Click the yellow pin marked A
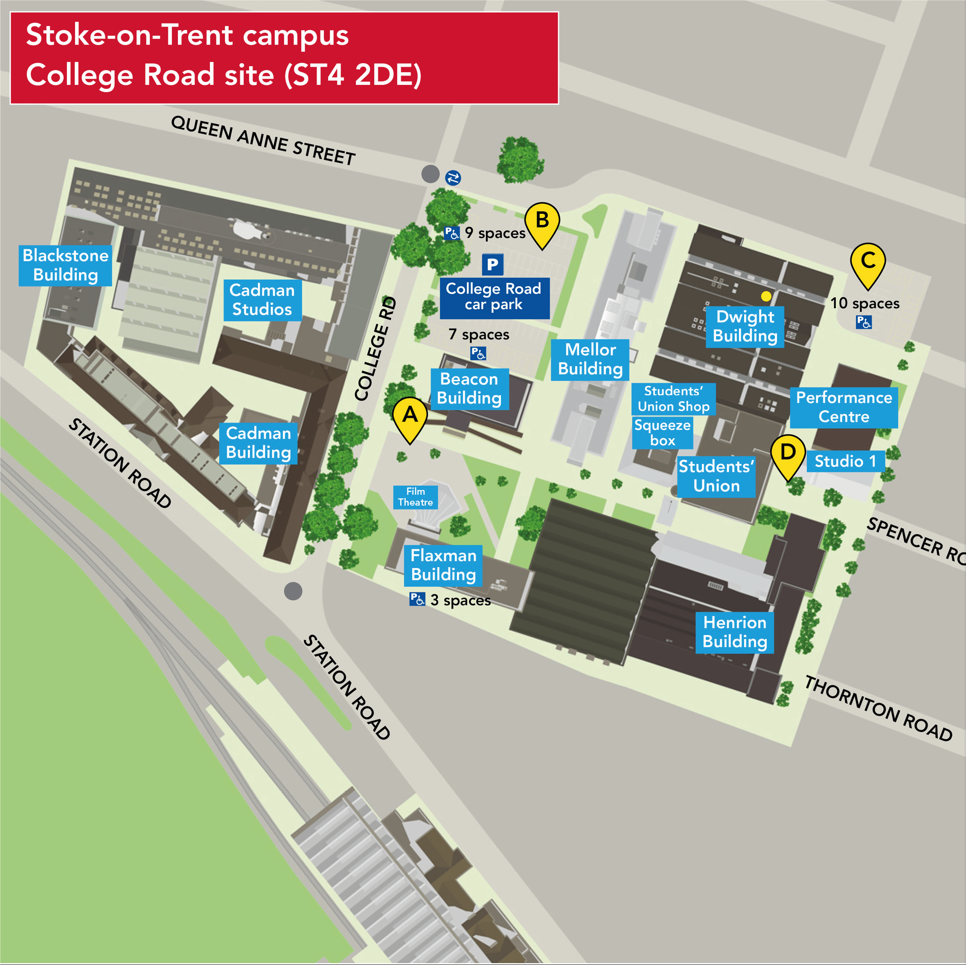[x=410, y=417]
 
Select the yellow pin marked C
[x=867, y=262]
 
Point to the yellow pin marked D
[x=788, y=454]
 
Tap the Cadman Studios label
[x=262, y=300]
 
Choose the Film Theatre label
[x=415, y=497]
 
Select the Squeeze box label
[x=662, y=433]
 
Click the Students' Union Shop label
[x=673, y=399]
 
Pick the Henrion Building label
[x=734, y=632]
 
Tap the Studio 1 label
[x=845, y=461]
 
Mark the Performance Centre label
[x=844, y=407]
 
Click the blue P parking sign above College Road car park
[x=492, y=265]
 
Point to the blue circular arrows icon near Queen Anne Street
[x=453, y=178]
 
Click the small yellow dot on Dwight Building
[x=765, y=296]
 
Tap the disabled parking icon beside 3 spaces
[x=417, y=599]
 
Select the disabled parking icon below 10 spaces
[x=864, y=322]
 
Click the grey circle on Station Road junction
[x=293, y=591]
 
